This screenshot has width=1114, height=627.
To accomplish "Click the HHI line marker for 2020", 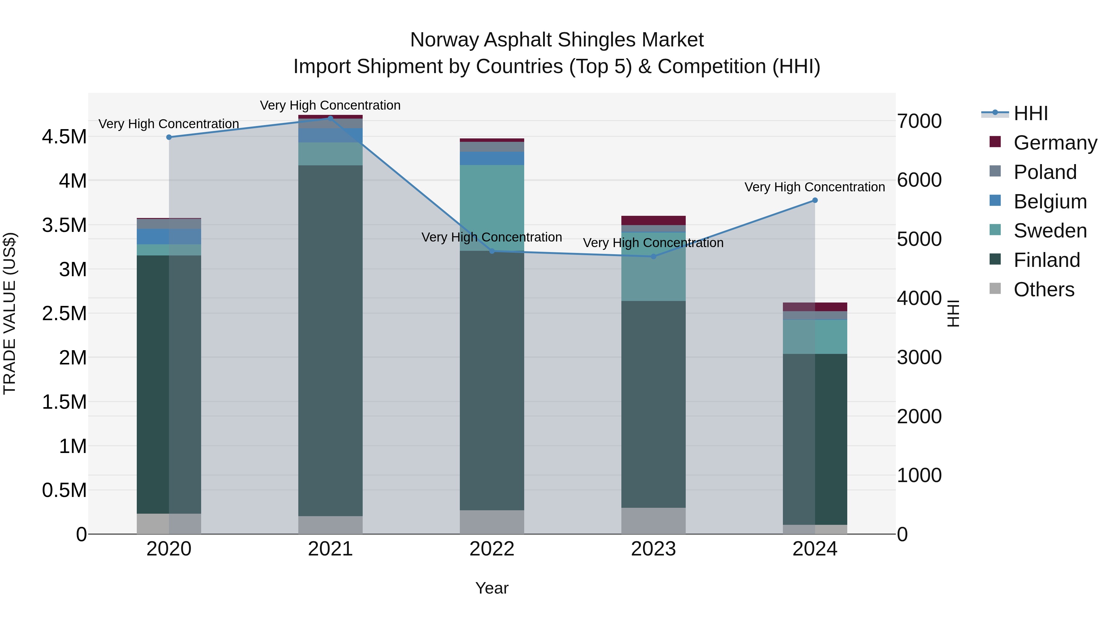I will [x=169, y=137].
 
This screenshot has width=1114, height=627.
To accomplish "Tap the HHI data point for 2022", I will [x=492, y=251].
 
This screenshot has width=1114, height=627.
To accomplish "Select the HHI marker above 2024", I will [x=815, y=200].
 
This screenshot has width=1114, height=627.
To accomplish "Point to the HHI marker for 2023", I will [x=654, y=257].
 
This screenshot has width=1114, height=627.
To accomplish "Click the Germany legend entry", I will [x=1055, y=143].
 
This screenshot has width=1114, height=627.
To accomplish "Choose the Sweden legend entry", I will [x=1050, y=231].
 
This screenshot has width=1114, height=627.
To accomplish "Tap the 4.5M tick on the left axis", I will [x=64, y=137].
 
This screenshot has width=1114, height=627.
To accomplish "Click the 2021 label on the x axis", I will [x=330, y=549].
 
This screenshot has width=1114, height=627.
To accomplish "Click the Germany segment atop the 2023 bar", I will [x=654, y=220].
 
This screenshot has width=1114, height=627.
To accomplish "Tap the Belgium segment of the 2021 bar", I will [x=330, y=135].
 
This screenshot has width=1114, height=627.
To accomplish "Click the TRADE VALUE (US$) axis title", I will [x=10, y=313].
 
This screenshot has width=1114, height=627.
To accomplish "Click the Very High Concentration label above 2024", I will [x=814, y=187].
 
